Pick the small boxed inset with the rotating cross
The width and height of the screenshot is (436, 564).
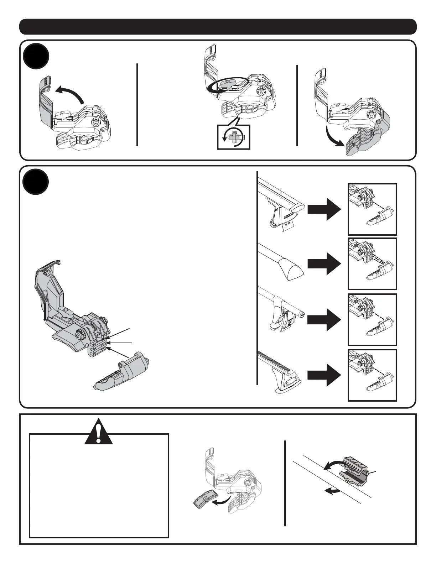coord(234,137)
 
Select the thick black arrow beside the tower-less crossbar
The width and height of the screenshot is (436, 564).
coord(324,264)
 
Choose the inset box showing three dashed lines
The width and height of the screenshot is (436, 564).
coord(372,264)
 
